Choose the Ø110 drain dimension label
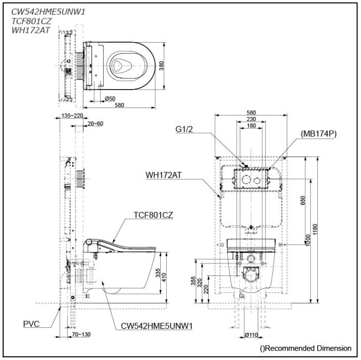[252, 335]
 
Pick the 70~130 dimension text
[67, 334]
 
